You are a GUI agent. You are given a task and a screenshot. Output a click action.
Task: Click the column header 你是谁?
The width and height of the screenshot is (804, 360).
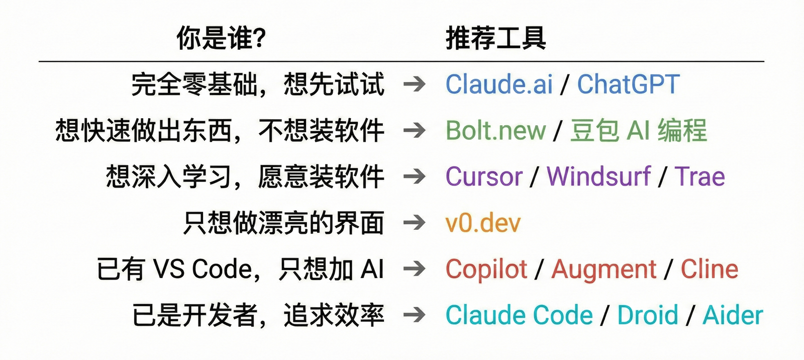(x=221, y=38)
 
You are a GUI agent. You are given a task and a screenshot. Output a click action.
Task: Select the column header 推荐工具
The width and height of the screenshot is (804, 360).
(x=495, y=38)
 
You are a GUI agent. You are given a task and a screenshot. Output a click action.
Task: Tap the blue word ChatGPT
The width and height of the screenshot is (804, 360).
(x=628, y=84)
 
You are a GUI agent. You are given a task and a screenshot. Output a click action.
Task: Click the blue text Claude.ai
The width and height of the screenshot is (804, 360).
(x=499, y=84)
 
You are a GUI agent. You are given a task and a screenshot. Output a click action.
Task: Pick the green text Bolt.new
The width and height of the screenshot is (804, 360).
(x=495, y=131)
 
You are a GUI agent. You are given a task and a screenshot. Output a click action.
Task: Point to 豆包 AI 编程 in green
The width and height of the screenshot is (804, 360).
(x=638, y=131)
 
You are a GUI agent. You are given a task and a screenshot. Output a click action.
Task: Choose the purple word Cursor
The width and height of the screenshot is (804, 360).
(x=484, y=177)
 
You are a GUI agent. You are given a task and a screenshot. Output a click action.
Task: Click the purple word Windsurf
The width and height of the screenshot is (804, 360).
(x=598, y=177)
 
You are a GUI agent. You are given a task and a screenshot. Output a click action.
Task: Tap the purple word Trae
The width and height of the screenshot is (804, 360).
(x=699, y=177)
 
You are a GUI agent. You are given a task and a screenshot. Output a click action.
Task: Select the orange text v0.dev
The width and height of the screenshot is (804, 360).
(x=483, y=223)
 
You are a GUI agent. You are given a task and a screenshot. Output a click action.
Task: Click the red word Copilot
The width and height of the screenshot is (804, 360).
(x=486, y=269)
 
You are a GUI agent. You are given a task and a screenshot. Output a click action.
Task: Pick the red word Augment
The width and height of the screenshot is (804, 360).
(x=604, y=269)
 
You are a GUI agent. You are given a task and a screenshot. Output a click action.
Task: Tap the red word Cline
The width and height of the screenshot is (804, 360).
(x=709, y=269)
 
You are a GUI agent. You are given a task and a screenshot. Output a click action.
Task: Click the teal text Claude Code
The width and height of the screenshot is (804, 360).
(x=519, y=316)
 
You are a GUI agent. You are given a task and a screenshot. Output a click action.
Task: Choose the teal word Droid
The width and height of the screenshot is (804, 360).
(x=648, y=316)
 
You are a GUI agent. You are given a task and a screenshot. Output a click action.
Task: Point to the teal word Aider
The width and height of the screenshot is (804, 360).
(x=733, y=316)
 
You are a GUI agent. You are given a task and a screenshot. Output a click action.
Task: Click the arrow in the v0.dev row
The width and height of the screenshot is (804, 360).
(x=415, y=223)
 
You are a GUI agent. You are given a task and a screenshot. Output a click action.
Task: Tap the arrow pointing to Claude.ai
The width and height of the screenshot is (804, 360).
(x=415, y=84)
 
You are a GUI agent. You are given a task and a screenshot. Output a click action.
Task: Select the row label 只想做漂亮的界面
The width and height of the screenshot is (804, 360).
(x=284, y=223)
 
